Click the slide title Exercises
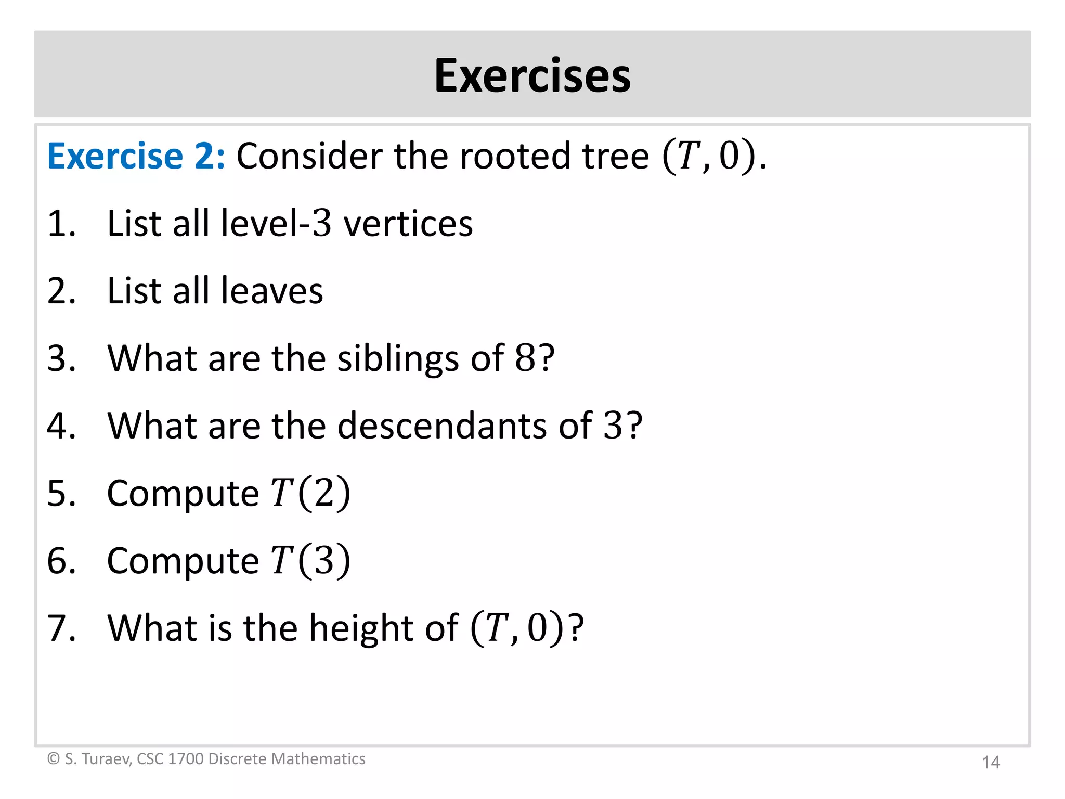click(x=532, y=76)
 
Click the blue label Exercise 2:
click(x=136, y=156)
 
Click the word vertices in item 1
click(x=408, y=224)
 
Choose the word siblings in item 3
click(x=398, y=359)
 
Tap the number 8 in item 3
click(x=525, y=358)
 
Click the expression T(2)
click(x=310, y=493)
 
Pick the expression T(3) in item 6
click(x=310, y=560)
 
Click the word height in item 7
click(x=361, y=629)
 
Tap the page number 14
click(x=990, y=763)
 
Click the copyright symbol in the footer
click(x=53, y=759)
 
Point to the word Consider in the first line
click(x=309, y=156)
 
